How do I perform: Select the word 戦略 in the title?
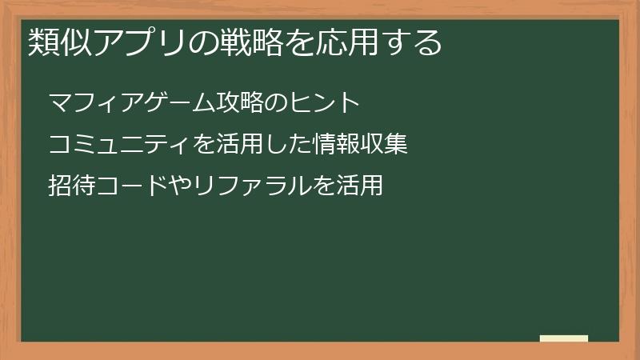(238, 42)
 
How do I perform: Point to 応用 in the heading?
(333, 42)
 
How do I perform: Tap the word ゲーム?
(166, 102)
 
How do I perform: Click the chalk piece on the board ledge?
(564, 338)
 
